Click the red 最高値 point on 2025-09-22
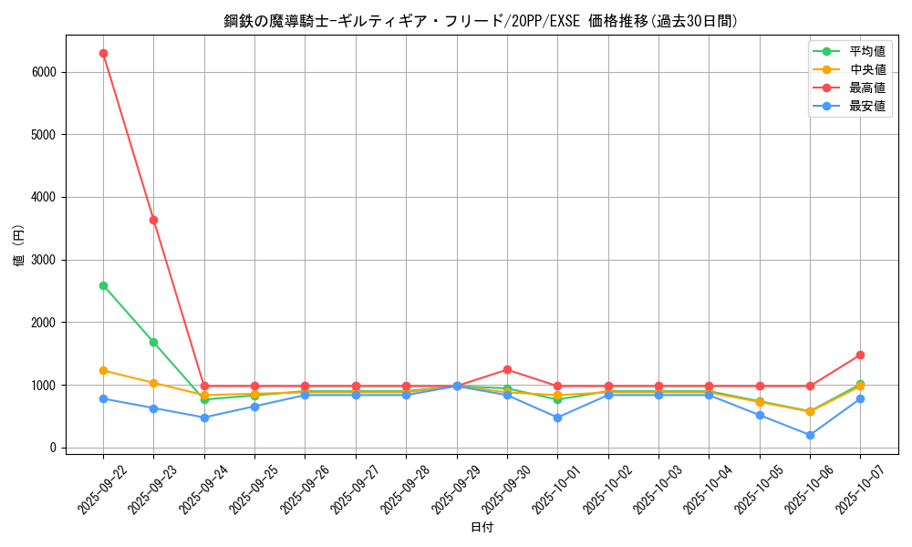[x=103, y=53]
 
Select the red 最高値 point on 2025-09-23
[x=153, y=220]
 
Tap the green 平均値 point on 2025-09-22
[x=103, y=285]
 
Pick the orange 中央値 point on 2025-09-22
[x=103, y=370]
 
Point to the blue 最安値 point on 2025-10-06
[x=810, y=435]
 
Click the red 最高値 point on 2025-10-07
[x=860, y=355]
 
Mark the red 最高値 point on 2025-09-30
[x=507, y=369]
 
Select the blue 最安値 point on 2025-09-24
[x=204, y=418]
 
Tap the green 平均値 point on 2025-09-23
[x=153, y=342]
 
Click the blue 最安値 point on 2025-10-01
[x=557, y=418]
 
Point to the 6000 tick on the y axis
[x=44, y=72]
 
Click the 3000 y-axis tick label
[x=44, y=260]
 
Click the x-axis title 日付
[x=482, y=528]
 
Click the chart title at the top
[x=482, y=21]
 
